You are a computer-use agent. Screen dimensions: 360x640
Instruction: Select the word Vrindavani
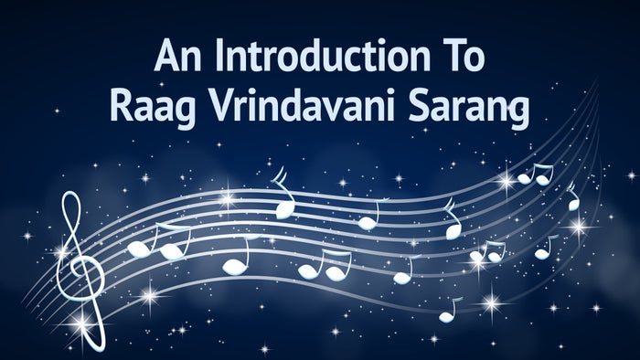tap(307, 109)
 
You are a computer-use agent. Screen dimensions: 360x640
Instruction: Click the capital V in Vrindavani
tap(213, 108)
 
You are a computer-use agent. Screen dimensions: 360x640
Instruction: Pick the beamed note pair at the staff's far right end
tap(535, 174)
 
